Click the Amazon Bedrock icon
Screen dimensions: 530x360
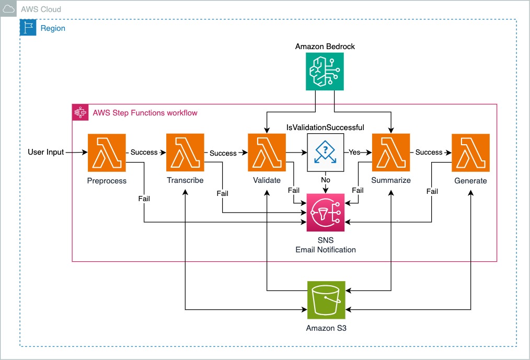[325, 72]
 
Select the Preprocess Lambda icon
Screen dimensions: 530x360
[107, 153]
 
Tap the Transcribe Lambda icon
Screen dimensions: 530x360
[185, 153]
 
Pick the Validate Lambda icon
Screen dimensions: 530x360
[267, 153]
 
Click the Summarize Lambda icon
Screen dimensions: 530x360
[391, 153]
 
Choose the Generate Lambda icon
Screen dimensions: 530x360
[471, 153]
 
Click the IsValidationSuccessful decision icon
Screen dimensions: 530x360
[326, 153]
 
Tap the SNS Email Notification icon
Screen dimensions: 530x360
[326, 213]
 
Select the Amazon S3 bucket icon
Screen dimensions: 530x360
[326, 300]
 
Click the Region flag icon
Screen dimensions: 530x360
[28, 27]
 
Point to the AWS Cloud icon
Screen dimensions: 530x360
[8, 8]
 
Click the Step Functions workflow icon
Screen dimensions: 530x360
[80, 112]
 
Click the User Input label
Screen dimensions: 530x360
[45, 152]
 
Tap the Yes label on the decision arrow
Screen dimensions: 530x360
[354, 152]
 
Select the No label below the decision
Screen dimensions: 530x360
[326, 180]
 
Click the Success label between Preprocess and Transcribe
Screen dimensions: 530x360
[144, 152]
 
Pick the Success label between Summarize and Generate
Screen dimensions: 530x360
[429, 152]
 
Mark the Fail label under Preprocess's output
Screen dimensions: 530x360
[144, 199]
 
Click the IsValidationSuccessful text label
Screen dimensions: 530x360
[325, 127]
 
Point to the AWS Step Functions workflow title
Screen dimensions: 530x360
[145, 113]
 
